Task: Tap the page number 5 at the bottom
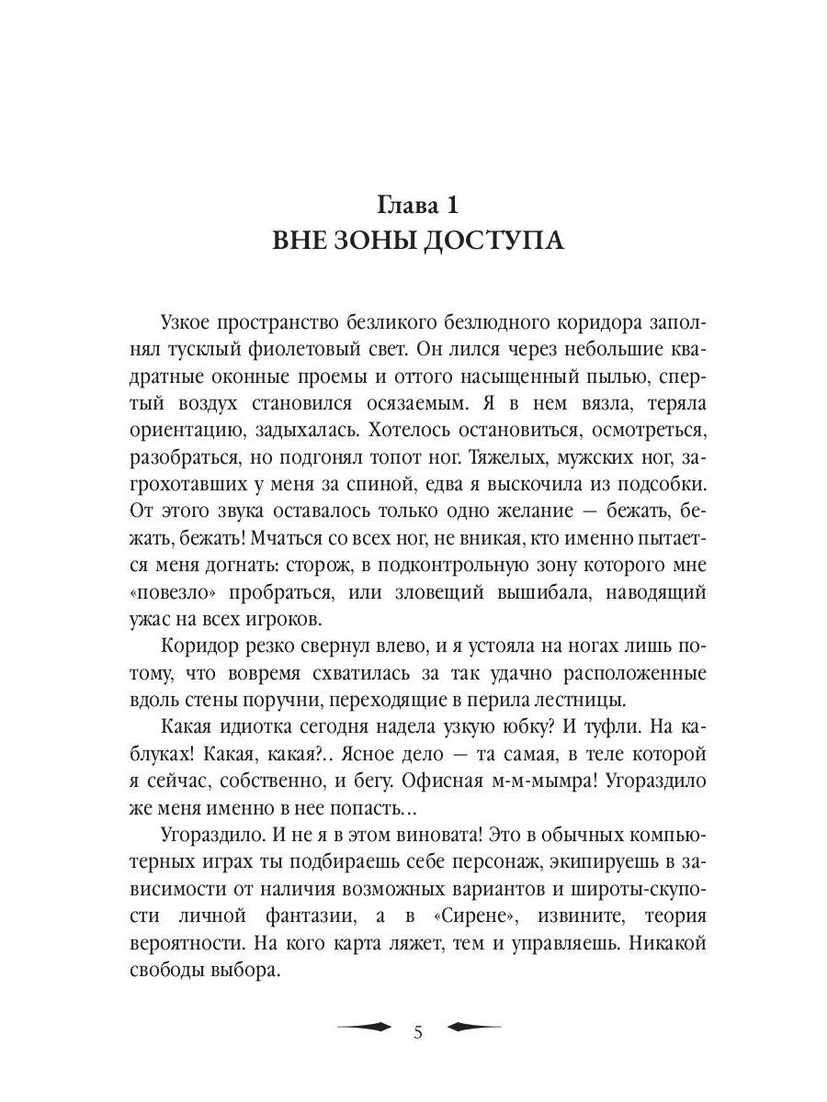tap(418, 1033)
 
